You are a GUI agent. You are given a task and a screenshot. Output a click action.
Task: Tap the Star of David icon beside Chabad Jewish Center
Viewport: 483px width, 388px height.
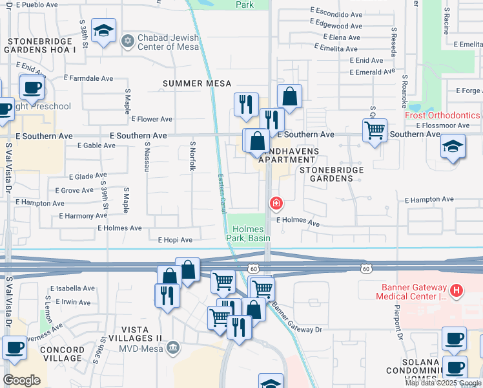pos(127,41)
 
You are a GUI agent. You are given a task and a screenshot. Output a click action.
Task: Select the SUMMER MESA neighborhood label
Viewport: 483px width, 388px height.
pos(197,83)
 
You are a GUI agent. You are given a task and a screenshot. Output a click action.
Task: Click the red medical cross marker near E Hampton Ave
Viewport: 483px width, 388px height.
pos(276,204)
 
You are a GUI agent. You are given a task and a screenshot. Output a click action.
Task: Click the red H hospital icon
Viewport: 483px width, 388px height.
pos(457,291)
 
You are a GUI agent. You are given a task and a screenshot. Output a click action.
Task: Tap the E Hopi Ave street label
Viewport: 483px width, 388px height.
pos(175,240)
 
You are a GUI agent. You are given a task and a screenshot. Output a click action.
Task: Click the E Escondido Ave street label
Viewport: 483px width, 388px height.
pos(336,14)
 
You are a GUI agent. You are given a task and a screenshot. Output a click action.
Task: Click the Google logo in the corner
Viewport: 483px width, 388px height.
pos(22,380)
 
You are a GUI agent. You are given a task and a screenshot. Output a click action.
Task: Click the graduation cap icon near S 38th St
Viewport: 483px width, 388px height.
pos(103,30)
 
